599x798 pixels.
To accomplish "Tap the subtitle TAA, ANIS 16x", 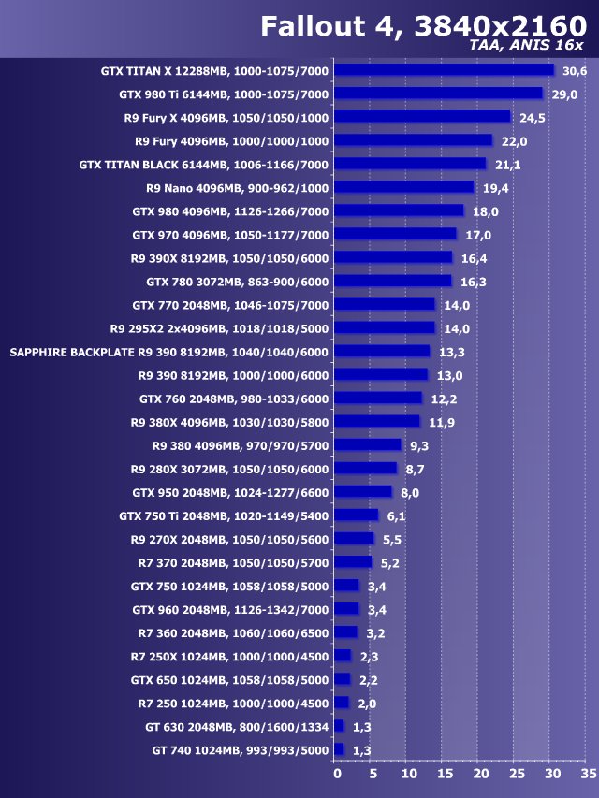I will tap(527, 45).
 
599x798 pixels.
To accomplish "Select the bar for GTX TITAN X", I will tap(444, 70).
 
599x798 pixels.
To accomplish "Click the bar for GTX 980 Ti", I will tap(438, 94).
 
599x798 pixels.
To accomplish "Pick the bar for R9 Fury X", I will tap(422, 117).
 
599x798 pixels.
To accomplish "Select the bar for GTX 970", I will tap(395, 234).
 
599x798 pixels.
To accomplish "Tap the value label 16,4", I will tap(474, 258).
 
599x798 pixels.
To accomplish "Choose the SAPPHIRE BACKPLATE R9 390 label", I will tap(168, 352).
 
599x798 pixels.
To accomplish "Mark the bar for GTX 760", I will tap(378, 399).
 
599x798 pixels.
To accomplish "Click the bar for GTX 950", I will tap(363, 492).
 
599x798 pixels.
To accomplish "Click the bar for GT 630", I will tap(339, 727).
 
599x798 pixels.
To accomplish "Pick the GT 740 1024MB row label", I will tap(241, 750).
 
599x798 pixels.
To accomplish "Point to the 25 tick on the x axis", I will tap(517, 774).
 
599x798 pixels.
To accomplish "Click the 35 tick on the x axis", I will tap(588, 774).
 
